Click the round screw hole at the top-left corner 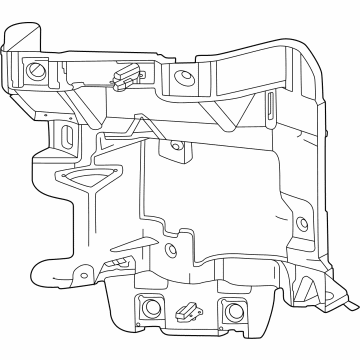tap(37, 71)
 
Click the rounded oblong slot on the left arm tap(66, 136)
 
